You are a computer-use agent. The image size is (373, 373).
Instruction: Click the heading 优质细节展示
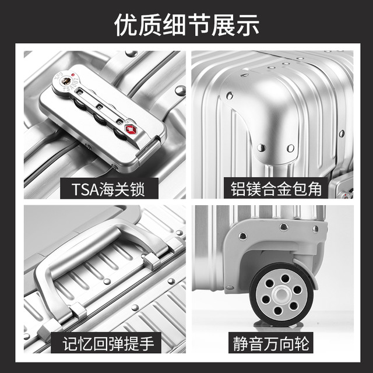click(186, 25)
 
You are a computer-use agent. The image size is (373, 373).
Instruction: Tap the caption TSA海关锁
click(108, 189)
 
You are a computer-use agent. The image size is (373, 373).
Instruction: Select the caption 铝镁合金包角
click(276, 189)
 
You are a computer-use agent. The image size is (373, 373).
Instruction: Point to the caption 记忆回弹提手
click(108, 343)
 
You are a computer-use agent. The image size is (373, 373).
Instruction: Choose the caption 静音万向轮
click(271, 343)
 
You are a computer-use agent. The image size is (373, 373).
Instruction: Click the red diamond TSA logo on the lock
click(131, 129)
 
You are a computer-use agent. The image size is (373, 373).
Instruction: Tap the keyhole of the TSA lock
click(66, 81)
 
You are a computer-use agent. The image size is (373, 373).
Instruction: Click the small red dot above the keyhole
click(73, 75)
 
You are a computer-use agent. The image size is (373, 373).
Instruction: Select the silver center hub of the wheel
click(281, 295)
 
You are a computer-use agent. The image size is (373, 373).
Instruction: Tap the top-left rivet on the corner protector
click(230, 96)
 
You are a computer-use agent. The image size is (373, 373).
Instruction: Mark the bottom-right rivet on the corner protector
click(290, 148)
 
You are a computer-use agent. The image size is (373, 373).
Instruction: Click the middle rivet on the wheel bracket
click(284, 227)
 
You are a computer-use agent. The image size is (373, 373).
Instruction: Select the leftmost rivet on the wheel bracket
click(242, 236)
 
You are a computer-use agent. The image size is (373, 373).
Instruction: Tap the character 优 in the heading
click(126, 25)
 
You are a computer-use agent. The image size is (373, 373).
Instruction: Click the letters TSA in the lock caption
click(85, 189)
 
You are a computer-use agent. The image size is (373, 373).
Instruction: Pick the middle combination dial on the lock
click(100, 118)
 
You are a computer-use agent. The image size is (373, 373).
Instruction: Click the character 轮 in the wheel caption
click(302, 343)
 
